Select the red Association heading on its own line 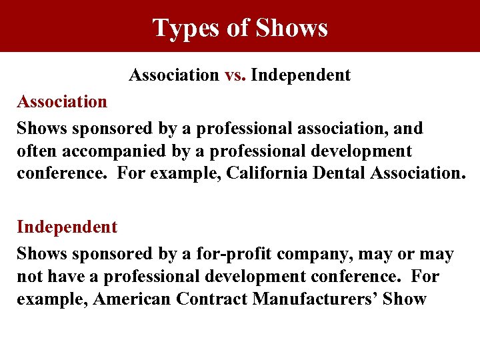[x=62, y=102]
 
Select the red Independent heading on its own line [x=67, y=227]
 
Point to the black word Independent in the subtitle [x=301, y=75]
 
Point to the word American [x=132, y=299]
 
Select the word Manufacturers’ [x=313, y=299]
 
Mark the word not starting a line [x=29, y=277]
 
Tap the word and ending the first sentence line [x=409, y=127]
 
